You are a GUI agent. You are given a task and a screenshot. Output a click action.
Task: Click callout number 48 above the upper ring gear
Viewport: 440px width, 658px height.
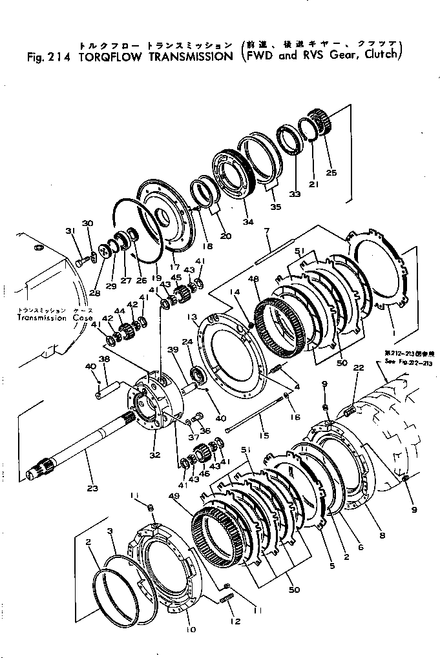(253, 278)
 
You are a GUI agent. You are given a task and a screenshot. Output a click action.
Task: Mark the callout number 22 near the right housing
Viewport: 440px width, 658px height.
(359, 367)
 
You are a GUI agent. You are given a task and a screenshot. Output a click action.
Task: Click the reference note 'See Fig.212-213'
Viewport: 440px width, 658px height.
(403, 362)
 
